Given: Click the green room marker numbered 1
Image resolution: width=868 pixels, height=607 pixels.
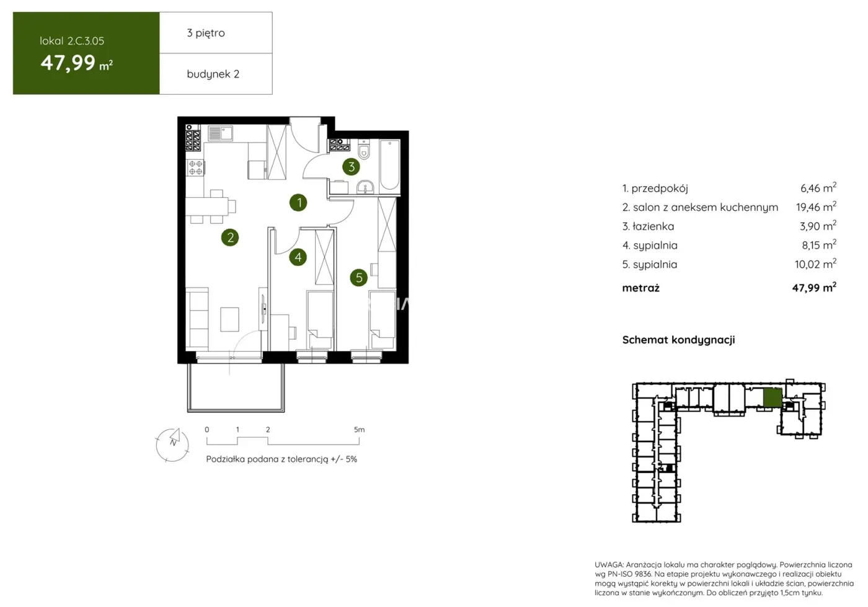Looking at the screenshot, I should tap(298, 202).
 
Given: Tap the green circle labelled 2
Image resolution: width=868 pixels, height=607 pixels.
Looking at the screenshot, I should tap(230, 237).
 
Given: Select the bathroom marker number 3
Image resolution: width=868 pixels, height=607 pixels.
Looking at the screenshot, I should tap(351, 166).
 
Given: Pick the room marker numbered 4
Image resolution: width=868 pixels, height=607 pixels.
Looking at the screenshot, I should tap(298, 257).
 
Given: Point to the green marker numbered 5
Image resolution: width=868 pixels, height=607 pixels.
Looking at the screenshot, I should tap(358, 278).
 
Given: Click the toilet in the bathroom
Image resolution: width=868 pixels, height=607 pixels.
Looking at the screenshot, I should tap(364, 151).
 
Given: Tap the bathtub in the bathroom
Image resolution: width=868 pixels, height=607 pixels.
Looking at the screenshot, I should tap(389, 164).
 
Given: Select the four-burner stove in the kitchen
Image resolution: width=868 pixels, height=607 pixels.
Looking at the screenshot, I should tap(195, 167).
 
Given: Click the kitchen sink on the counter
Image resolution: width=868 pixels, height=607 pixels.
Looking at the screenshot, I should tap(219, 133).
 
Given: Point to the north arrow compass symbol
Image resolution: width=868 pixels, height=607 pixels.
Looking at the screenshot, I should tap(172, 444).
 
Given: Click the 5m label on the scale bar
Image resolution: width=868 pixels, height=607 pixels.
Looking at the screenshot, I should tap(359, 429).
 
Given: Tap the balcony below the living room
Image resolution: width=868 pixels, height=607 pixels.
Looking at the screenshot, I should tap(236, 387).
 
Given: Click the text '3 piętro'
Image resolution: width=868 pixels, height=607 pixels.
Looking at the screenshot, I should tap(206, 33).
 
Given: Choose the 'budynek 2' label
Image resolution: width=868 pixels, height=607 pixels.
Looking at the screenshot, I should tap(213, 74).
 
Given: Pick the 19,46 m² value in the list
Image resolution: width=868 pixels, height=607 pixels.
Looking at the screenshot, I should tap(815, 207).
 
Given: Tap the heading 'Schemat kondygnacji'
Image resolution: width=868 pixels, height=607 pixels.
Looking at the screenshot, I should tap(678, 340).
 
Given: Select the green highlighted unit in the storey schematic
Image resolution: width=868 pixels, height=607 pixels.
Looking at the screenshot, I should tap(772, 397).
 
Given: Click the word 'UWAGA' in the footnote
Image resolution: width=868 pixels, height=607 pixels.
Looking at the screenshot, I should tap(608, 565).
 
